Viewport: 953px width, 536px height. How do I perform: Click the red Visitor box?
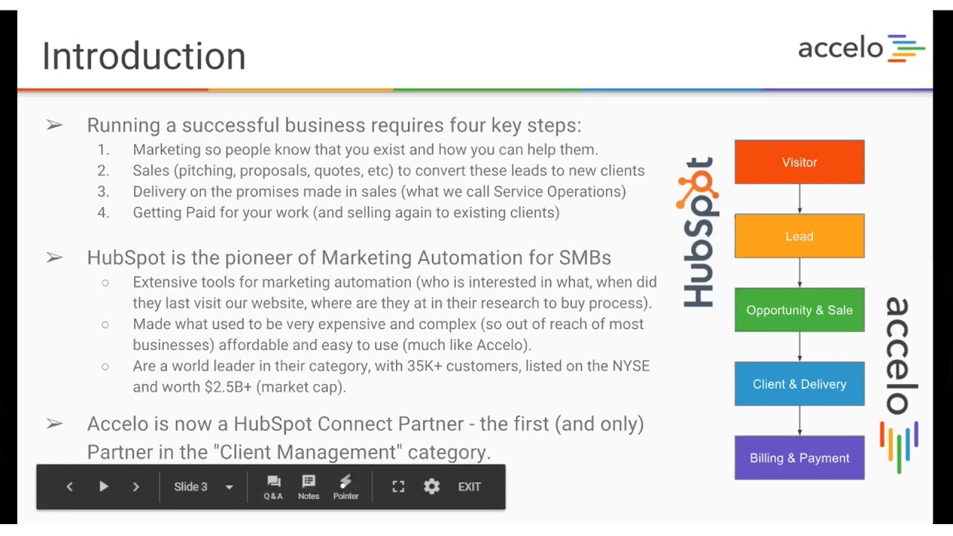(x=799, y=162)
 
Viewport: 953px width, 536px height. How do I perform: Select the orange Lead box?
(x=799, y=236)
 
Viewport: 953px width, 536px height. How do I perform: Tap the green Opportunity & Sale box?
(x=799, y=310)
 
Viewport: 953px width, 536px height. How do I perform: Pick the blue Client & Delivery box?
(x=799, y=384)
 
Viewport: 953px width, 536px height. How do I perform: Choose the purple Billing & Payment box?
(x=799, y=458)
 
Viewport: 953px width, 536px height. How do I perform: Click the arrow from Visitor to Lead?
(x=800, y=199)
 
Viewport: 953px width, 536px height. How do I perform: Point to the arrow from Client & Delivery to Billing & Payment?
(x=800, y=421)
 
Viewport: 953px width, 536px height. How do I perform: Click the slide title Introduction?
(x=144, y=57)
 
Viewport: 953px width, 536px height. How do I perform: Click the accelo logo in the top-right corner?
(x=861, y=48)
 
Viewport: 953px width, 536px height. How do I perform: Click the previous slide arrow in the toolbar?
(x=69, y=487)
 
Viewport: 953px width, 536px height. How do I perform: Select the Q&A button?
(x=273, y=487)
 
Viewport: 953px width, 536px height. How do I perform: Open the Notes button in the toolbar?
(x=308, y=487)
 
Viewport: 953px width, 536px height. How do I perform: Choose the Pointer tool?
(x=345, y=487)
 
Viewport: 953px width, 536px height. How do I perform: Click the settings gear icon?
(x=432, y=487)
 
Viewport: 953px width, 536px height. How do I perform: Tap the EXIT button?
(x=469, y=487)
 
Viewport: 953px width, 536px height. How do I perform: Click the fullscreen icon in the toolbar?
(x=398, y=487)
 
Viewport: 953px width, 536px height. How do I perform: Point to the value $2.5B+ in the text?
(x=228, y=387)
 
